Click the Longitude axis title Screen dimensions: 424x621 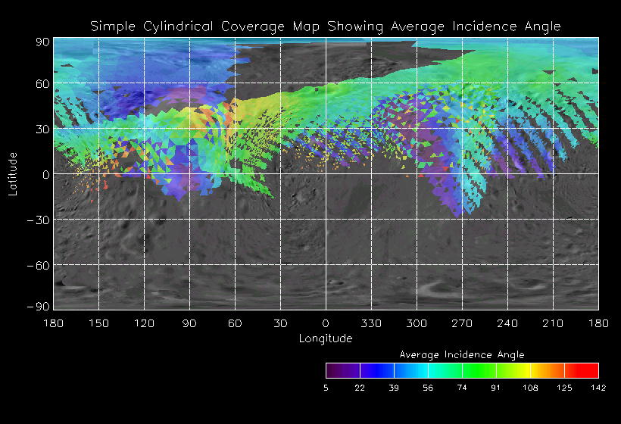(x=326, y=338)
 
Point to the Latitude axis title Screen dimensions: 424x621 (x=13, y=173)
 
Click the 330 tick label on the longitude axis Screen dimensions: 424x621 (x=371, y=323)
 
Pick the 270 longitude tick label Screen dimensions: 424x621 (x=462, y=323)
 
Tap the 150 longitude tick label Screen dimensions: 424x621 (x=98, y=323)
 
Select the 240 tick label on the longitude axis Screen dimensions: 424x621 (x=507, y=323)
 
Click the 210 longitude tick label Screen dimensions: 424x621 (x=553, y=323)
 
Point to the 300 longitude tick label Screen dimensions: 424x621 (x=417, y=323)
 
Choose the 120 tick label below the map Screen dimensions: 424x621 (x=144, y=323)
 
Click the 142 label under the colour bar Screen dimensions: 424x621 (x=598, y=388)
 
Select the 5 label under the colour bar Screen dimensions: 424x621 (x=326, y=388)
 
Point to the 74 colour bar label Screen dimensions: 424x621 (x=462, y=388)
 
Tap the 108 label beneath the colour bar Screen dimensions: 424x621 (x=530, y=388)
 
